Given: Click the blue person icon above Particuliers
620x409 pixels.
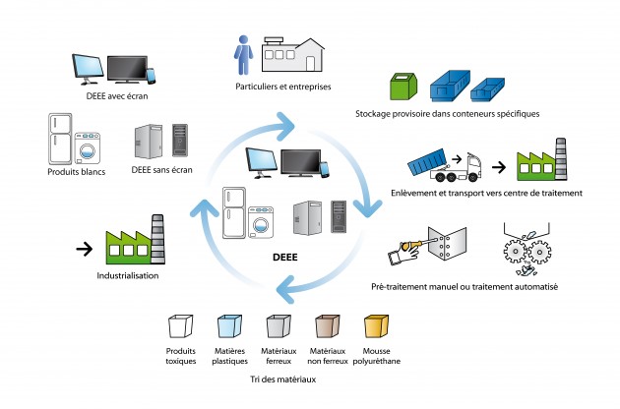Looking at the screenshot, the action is [243, 55].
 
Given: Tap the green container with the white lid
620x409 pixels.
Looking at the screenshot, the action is [403, 86].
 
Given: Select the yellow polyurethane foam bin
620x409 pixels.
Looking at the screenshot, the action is [376, 326].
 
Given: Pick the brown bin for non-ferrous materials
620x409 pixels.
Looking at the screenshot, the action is [328, 326].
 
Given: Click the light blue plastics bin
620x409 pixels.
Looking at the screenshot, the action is [229, 326].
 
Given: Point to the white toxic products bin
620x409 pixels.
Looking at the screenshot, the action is [181, 326].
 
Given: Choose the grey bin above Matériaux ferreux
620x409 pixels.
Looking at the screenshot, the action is [279, 326].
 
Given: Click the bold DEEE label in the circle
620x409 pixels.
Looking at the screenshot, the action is [285, 258].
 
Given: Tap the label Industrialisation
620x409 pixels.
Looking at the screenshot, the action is [128, 276].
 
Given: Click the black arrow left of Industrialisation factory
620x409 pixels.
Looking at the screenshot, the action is [85, 249].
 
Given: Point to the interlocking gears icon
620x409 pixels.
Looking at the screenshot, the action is [527, 251].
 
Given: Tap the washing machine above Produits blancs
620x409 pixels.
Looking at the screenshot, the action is [88, 148].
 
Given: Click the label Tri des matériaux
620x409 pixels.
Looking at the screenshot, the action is [283, 380].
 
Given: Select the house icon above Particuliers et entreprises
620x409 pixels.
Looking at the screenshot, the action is [292, 55].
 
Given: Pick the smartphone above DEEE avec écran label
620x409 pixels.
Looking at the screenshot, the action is [151, 77].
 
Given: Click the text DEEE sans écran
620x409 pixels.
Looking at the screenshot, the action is [161, 170].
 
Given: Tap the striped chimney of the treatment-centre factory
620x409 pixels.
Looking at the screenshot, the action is [561, 159].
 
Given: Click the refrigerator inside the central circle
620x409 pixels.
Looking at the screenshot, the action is [234, 212].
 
